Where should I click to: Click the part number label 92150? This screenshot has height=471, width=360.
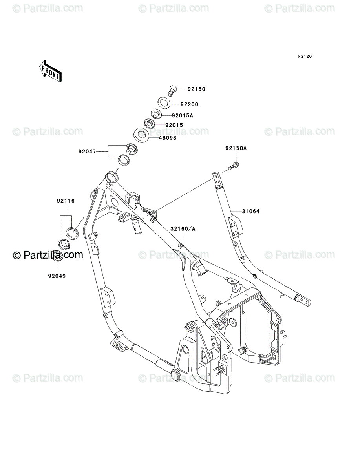pyautogui.click(x=197, y=89)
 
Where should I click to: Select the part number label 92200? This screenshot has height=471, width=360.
pyautogui.click(x=189, y=104)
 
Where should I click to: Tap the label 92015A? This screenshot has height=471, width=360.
pyautogui.click(x=183, y=116)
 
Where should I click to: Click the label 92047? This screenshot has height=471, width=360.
pyautogui.click(x=87, y=150)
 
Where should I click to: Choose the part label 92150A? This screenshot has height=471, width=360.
pyautogui.click(x=236, y=148)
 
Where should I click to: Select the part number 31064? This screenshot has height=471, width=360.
pyautogui.click(x=251, y=211)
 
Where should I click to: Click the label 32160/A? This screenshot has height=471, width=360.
pyautogui.click(x=183, y=228)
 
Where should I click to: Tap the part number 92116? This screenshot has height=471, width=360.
pyautogui.click(x=65, y=201)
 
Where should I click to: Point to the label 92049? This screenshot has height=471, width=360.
pyautogui.click(x=57, y=276)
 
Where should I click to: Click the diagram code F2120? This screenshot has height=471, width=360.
pyautogui.click(x=304, y=57)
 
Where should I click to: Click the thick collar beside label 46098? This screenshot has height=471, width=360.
pyautogui.click(x=142, y=135)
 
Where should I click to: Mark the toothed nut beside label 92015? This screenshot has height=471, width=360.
pyautogui.click(x=149, y=124)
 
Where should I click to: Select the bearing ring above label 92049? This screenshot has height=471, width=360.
pyautogui.click(x=57, y=255)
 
